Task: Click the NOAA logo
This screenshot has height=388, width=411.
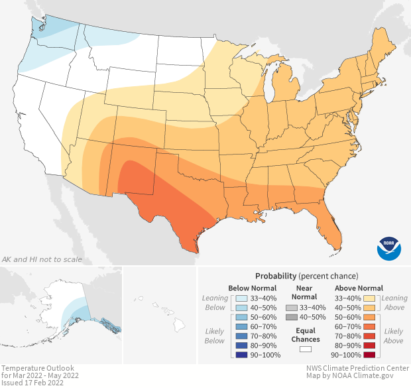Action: (x=389, y=247)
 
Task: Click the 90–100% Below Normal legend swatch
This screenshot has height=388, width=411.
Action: (x=242, y=356)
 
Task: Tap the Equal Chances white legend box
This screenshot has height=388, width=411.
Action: (x=306, y=349)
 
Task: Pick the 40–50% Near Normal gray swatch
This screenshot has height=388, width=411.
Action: (x=292, y=318)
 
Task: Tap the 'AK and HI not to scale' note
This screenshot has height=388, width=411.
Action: (x=42, y=259)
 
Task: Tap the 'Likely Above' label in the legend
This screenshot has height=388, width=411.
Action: (x=393, y=336)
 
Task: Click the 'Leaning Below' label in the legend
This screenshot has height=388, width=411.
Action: (x=215, y=303)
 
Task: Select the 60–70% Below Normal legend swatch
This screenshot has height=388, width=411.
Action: (x=242, y=328)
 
